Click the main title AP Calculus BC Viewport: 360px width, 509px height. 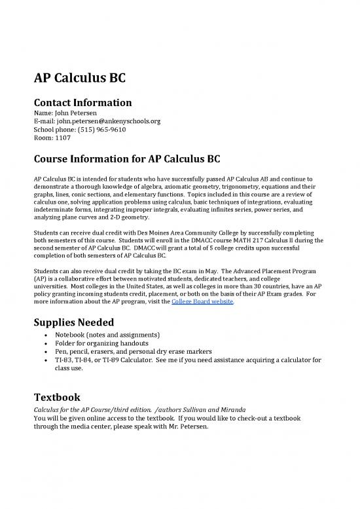80,81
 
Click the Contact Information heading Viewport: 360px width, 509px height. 82,102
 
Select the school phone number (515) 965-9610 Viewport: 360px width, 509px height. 98,130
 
